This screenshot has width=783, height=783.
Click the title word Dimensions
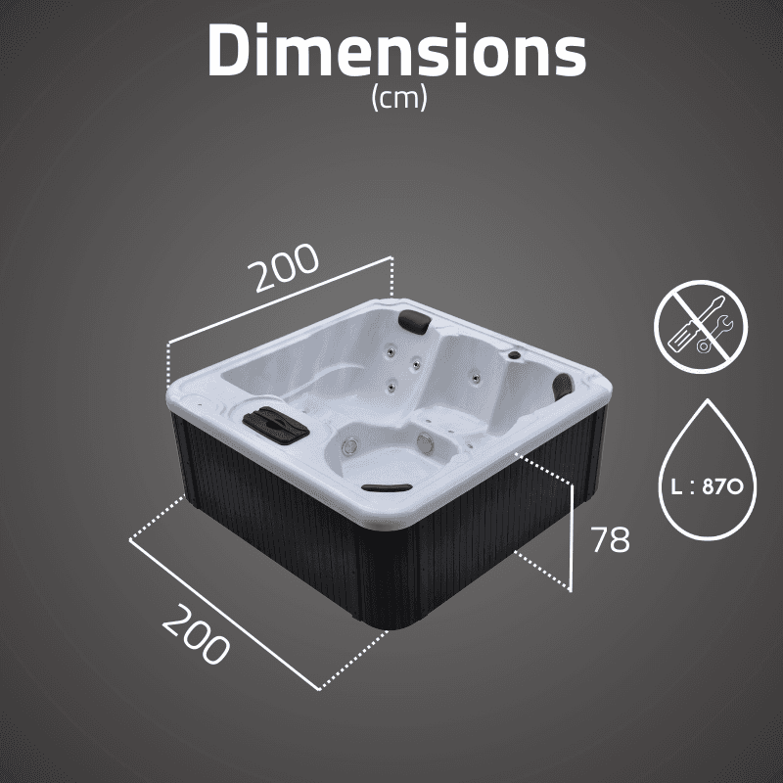pyautogui.click(x=397, y=50)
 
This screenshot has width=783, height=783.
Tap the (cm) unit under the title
pyautogui.click(x=399, y=97)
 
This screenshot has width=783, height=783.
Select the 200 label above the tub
pyautogui.click(x=283, y=267)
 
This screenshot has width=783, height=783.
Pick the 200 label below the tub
pyautogui.click(x=196, y=634)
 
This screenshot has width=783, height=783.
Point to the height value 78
pyautogui.click(x=610, y=539)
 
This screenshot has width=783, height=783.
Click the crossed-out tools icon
pyautogui.click(x=701, y=326)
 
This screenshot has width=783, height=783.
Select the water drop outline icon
pyautogui.click(x=708, y=470)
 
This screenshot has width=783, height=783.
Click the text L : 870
pyautogui.click(x=707, y=486)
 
